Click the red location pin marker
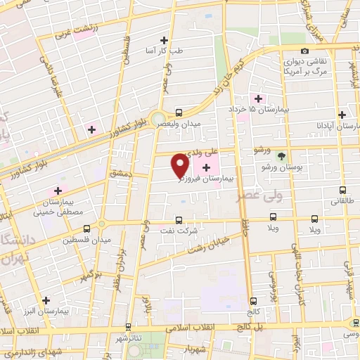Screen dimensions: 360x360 click(x=180, y=165)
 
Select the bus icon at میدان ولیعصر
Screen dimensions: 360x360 click(x=179, y=112)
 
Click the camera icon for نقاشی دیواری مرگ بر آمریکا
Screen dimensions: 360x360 click(x=304, y=51)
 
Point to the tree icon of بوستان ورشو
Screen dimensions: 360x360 click(x=282, y=156)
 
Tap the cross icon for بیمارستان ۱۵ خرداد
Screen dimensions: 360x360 click(x=258, y=98)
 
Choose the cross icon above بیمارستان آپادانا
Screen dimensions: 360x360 click(x=342, y=115)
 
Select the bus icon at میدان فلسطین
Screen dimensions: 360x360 click(x=86, y=229)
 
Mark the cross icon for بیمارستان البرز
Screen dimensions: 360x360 click(x=46, y=300)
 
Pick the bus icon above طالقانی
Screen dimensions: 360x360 click(x=342, y=190)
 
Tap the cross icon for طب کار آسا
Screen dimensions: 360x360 click(x=164, y=40)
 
